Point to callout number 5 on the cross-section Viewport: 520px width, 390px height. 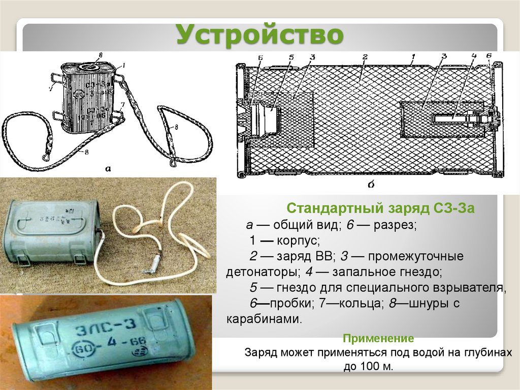tap(291, 57)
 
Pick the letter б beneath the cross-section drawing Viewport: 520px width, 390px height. tap(371, 185)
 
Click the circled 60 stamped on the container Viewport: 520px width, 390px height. tap(83, 351)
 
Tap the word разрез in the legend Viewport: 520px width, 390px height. tap(394, 224)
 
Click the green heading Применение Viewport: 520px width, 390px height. tap(378, 338)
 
